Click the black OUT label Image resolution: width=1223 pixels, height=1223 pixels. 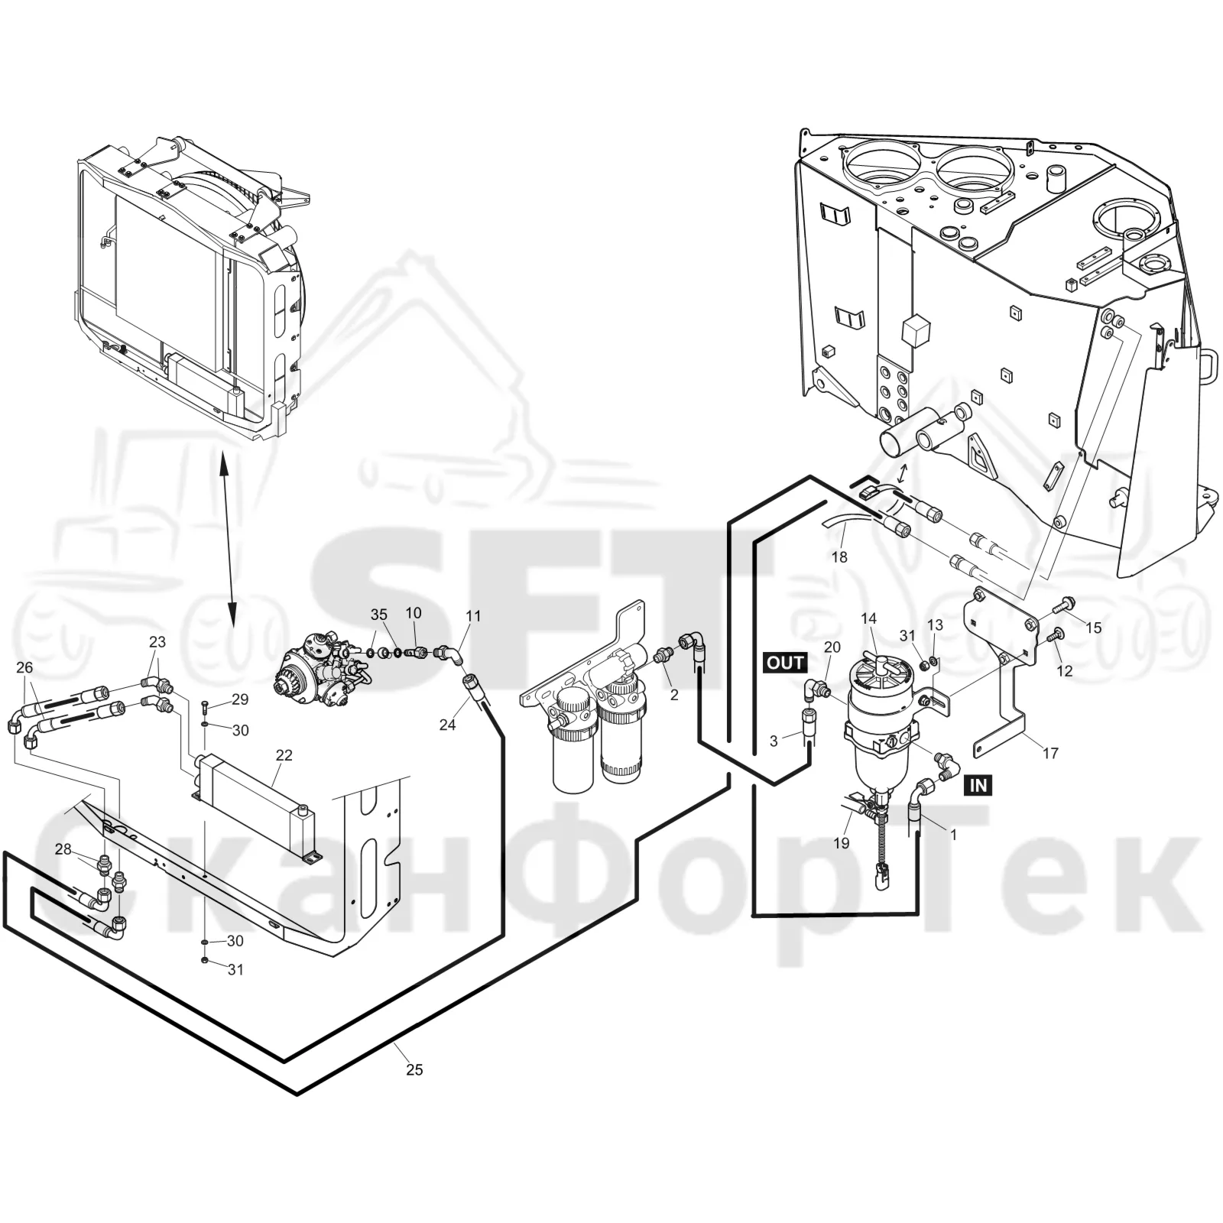pos(785,663)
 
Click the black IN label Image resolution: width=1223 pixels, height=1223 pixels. pos(978,785)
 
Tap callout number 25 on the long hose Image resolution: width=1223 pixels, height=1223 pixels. pos(414,1070)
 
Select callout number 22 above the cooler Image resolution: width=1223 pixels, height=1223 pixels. pos(284,755)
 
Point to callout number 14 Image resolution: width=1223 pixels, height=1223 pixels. pos(869,618)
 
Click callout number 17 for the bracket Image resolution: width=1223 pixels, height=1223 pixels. pos(1051,753)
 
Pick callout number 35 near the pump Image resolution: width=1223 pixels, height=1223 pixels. pos(379,615)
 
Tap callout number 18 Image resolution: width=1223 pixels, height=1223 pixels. pos(839,557)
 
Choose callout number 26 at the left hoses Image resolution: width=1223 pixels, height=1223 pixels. pos(24,667)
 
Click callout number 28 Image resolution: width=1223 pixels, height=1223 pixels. pos(63,849)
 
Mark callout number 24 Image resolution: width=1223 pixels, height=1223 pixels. pos(447,724)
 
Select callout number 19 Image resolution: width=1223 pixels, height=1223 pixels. pos(841,843)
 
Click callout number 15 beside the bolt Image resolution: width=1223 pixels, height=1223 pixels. pos(1094,628)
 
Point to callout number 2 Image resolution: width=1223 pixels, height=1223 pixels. pos(673,695)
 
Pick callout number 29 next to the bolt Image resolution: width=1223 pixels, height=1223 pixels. pos(240,699)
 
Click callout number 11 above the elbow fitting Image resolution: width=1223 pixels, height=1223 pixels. pos(473,615)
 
